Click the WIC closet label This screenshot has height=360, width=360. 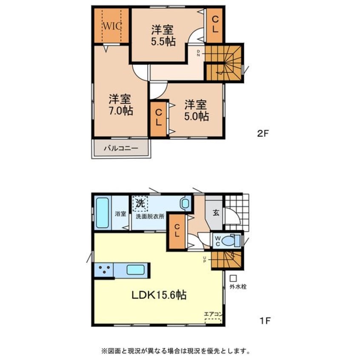112,26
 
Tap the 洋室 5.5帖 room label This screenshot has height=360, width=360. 163,36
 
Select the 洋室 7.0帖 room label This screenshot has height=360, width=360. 120,104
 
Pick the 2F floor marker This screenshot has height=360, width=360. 263,134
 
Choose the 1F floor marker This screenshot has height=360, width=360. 265,321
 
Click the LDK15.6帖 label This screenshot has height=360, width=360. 159,295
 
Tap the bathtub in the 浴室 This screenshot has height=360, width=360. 103,213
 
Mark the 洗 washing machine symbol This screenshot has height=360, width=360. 140,203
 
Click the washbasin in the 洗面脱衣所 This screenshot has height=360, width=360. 185,203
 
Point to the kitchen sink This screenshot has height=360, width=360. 135,270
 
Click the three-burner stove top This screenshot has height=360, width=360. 104,270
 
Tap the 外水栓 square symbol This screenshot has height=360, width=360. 234,278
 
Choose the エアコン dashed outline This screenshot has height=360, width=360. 213,320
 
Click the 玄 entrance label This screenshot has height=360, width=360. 216,213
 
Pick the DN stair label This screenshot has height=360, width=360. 198,53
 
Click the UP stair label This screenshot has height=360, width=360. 204,260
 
